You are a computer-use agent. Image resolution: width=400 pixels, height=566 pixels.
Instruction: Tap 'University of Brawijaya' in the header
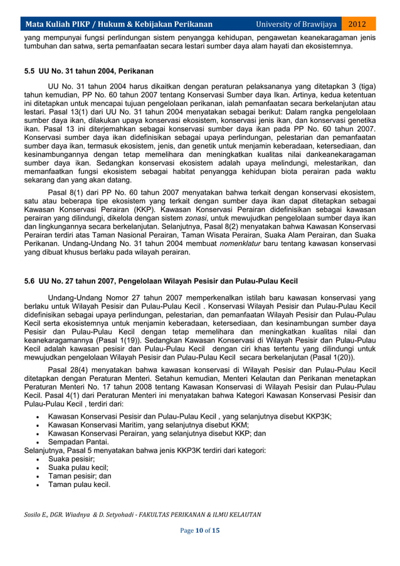tap(296, 24)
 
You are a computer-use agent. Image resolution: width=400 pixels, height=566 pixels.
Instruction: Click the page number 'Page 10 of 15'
tap(199, 531)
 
